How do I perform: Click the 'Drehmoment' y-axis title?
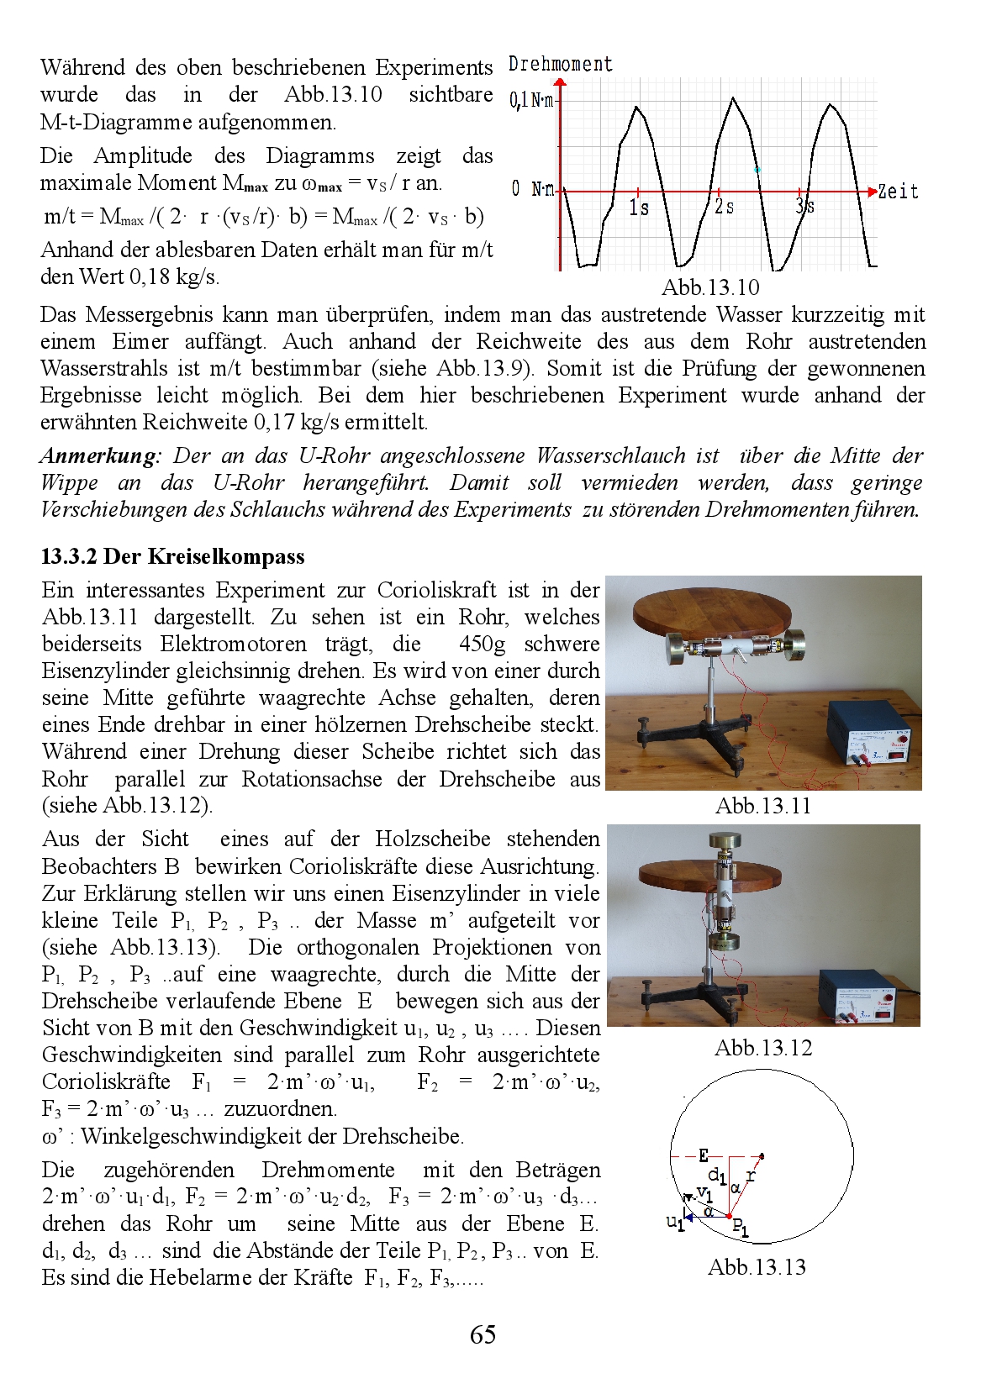[561, 65]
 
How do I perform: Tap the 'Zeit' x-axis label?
[898, 192]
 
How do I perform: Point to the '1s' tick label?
[639, 207]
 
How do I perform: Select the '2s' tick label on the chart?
[724, 207]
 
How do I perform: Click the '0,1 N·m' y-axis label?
[532, 101]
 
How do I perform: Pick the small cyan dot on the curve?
[758, 170]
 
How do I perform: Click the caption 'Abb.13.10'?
[710, 288]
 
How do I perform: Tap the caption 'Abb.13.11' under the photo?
[763, 807]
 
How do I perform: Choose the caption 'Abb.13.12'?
[763, 1048]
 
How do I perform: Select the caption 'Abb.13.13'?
[757, 1267]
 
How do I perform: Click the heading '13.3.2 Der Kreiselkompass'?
[173, 557]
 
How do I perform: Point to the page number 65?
[483, 1334]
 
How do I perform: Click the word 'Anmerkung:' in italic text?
[100, 456]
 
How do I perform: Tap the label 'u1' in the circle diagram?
[675, 1222]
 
